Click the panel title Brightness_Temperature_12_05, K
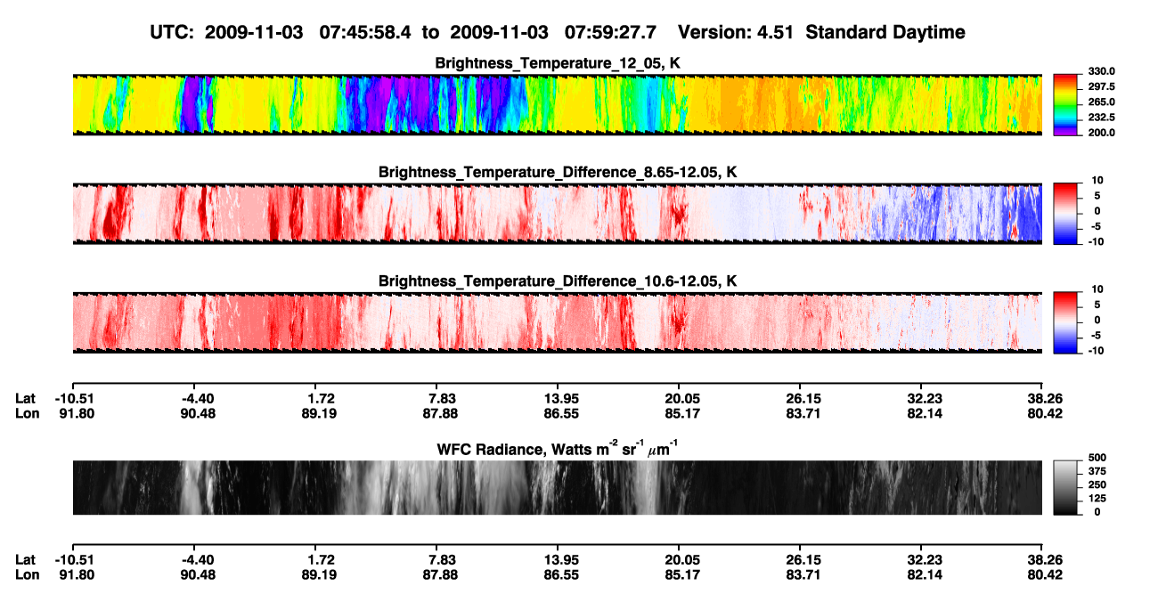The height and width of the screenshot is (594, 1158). click(x=558, y=63)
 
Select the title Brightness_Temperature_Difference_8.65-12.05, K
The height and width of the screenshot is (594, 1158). click(x=558, y=172)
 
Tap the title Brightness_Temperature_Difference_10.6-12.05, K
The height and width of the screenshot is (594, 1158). click(x=558, y=281)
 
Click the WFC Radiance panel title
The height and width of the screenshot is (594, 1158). click(x=558, y=449)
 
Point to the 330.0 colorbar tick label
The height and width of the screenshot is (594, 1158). click(x=1101, y=71)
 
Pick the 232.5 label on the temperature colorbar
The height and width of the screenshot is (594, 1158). click(x=1101, y=118)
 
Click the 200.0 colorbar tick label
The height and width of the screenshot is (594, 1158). click(x=1101, y=133)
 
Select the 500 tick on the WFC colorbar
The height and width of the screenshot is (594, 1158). click(x=1097, y=458)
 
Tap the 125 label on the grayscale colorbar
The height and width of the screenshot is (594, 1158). click(x=1097, y=499)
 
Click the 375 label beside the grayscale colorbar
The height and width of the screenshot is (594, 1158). click(x=1097, y=471)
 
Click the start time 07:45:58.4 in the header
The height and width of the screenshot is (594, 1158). click(x=365, y=33)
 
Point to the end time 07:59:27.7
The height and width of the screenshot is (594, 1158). click(x=610, y=33)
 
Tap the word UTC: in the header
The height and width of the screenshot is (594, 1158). click(x=172, y=33)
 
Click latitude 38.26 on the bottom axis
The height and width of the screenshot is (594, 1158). click(x=1045, y=560)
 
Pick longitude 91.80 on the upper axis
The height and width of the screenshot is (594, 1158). click(x=77, y=413)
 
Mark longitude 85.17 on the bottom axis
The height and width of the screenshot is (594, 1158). click(x=682, y=575)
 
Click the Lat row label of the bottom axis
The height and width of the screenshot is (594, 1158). click(x=25, y=560)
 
